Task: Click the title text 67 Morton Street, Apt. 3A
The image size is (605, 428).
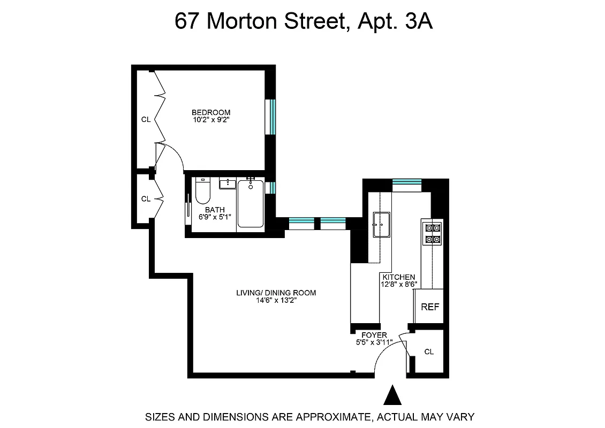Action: (303, 22)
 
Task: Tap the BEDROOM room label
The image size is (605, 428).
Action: (211, 112)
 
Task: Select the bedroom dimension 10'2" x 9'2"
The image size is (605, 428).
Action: (211, 120)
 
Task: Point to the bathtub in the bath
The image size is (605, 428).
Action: (251, 204)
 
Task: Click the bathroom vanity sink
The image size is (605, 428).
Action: (228, 184)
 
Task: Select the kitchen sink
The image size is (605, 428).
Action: (381, 224)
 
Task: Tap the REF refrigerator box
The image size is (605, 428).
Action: (430, 307)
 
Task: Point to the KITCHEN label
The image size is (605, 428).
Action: (398, 277)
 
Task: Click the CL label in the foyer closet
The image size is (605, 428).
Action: (429, 351)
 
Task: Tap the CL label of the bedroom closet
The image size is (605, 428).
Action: (146, 120)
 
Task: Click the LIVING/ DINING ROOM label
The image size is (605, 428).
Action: (276, 293)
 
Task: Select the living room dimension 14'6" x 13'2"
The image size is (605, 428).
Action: (276, 300)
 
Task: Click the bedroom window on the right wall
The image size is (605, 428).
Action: (272, 117)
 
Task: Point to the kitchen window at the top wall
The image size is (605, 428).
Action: (407, 182)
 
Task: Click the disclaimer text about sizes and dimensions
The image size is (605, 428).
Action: (303, 417)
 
